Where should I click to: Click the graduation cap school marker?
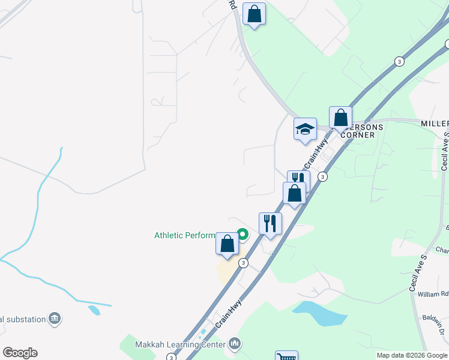tap(305, 129)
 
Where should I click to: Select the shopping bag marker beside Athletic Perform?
tap(227, 244)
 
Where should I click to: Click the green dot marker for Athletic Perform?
tap(243, 234)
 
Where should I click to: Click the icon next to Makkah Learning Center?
tap(234, 344)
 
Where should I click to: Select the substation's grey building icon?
tap(55, 318)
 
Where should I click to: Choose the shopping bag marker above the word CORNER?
tap(340, 118)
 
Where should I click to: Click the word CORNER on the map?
tap(358, 135)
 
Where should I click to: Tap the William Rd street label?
tap(433, 295)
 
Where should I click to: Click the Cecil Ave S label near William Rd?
tap(419, 273)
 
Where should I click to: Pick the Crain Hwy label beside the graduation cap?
tap(316, 154)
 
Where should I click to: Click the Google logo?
tap(20, 352)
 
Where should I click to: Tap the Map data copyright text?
tap(411, 355)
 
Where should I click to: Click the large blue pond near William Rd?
tap(320, 314)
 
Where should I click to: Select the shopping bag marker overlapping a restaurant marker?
tap(294, 194)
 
